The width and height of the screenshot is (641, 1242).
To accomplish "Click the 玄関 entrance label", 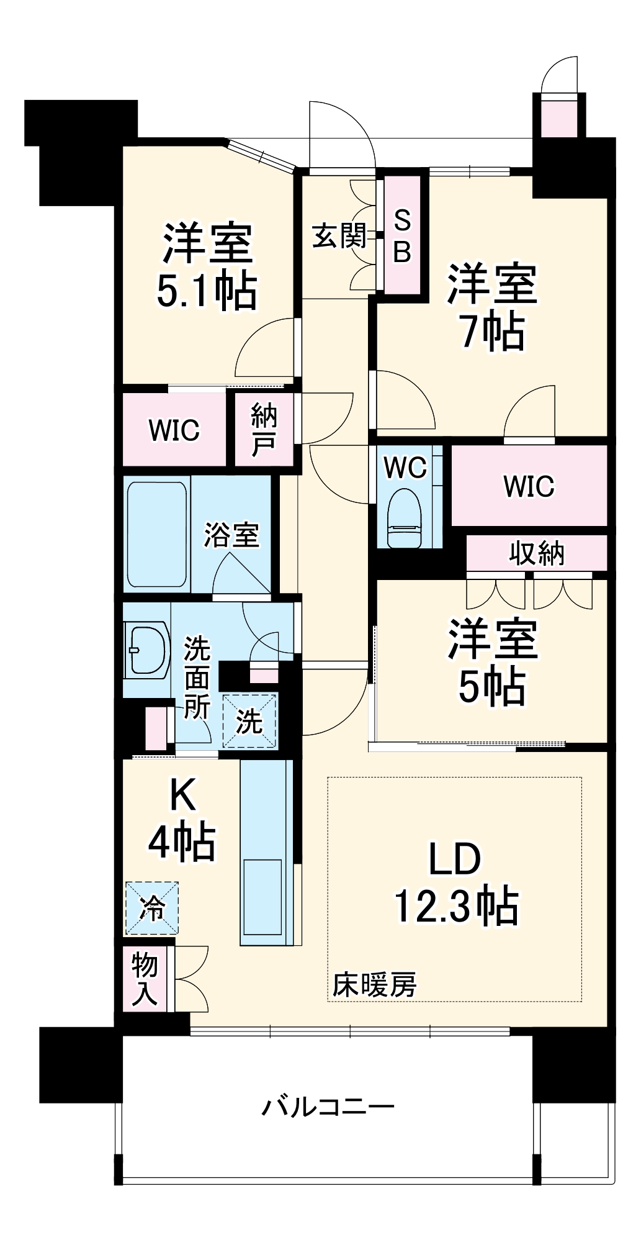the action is pos(339,236).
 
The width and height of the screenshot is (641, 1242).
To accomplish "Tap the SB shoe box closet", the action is pos(402,236).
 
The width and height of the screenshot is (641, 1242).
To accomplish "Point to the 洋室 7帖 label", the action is pos(492,307).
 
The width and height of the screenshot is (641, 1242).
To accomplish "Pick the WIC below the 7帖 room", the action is pos(529,486).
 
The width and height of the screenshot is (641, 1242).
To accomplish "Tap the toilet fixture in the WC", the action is pos(405,518).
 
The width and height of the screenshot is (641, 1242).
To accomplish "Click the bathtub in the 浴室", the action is pos(157,534).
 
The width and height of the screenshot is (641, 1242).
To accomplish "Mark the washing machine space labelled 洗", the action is pos(249,720).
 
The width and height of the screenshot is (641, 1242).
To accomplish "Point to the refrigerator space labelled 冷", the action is pos(152,908).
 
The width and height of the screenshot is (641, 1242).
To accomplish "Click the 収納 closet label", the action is pos(537,553).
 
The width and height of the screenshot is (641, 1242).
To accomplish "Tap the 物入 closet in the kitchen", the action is pos(145,979).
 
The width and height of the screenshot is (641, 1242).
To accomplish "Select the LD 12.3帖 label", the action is pos(456,882).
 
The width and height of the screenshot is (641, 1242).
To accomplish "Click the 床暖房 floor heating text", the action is pos(374,985).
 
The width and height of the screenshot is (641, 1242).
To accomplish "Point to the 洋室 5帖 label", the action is pos(492,662).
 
